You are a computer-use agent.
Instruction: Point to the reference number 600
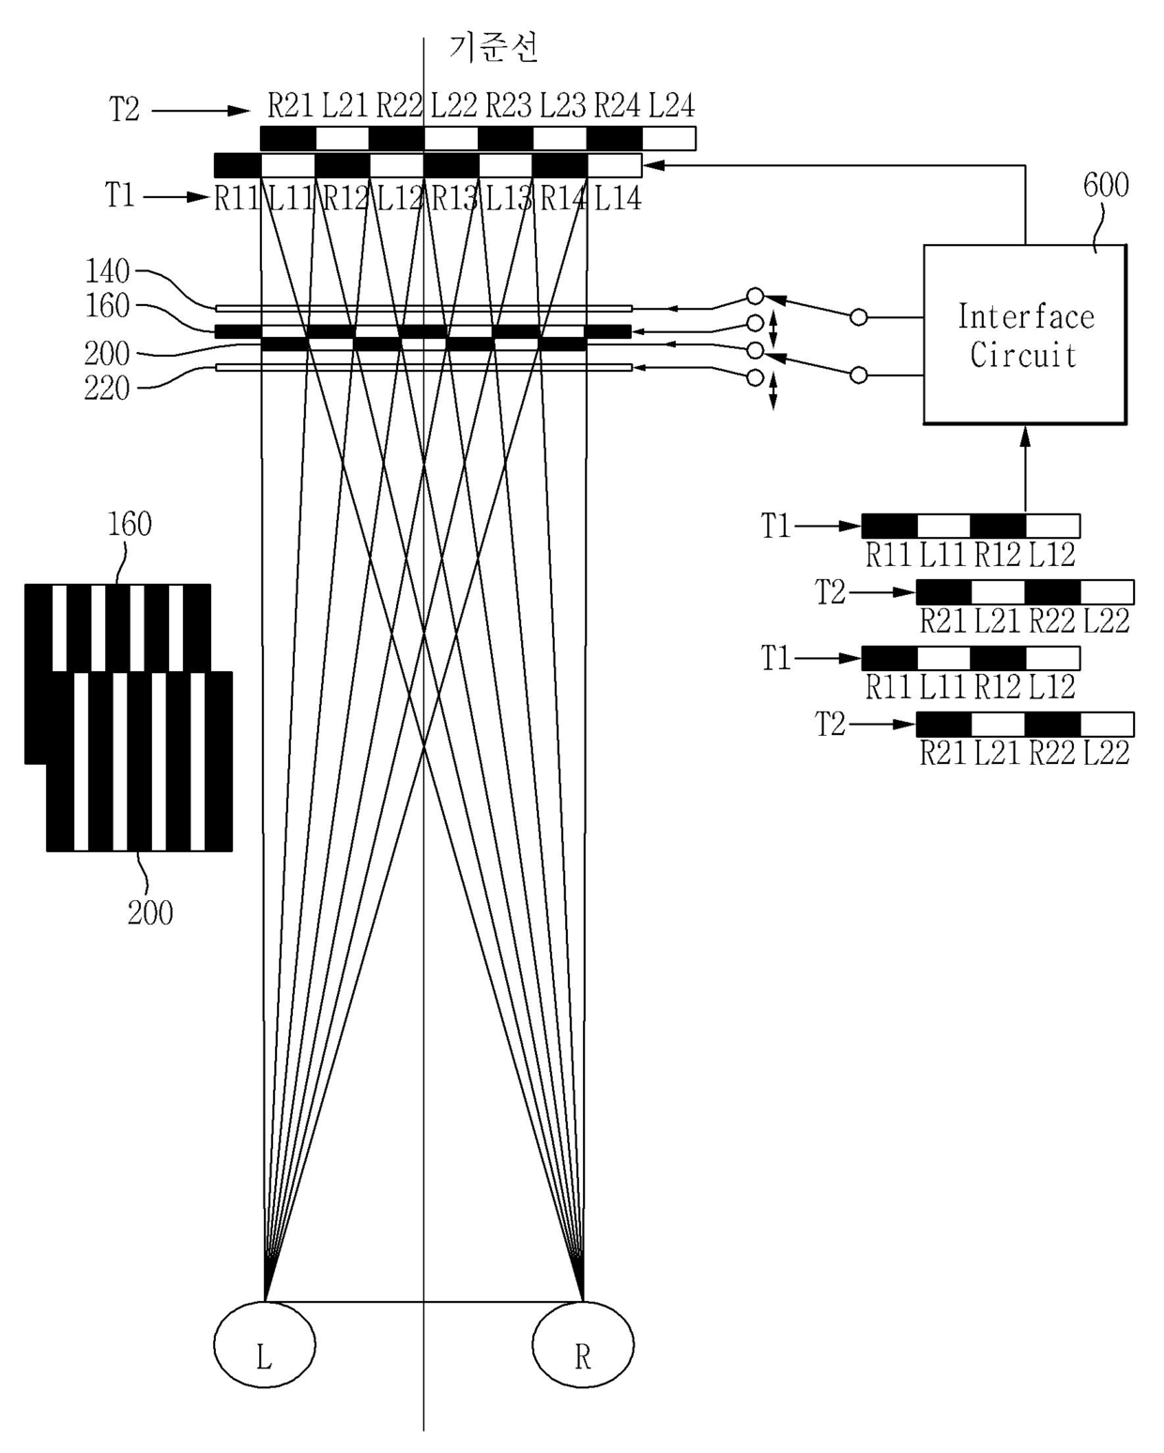point(1106,185)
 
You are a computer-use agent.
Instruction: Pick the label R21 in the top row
point(291,105)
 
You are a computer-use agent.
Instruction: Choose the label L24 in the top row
point(671,105)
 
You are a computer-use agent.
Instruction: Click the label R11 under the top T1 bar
point(237,198)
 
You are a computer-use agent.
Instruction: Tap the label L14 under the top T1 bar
point(617,198)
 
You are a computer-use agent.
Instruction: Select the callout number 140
point(107,271)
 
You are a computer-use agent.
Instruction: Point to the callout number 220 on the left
point(107,389)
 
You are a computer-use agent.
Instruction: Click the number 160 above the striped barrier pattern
point(130,524)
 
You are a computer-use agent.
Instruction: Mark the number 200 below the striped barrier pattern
point(150,913)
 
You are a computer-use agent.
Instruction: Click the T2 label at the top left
point(124,110)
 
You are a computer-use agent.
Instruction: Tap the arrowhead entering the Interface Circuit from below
point(1025,436)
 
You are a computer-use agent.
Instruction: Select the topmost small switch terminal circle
point(756,297)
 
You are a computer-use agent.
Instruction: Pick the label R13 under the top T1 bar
point(454,198)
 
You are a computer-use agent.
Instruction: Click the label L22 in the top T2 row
point(453,105)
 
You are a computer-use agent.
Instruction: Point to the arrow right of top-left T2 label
point(201,111)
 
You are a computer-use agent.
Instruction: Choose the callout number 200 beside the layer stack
point(107,354)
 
